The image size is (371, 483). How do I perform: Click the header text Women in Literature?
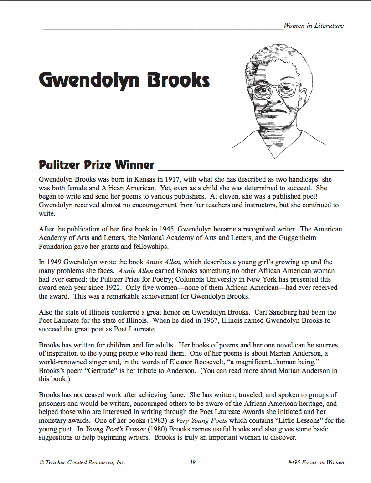[x=314, y=26]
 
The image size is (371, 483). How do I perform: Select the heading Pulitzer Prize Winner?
[x=97, y=165]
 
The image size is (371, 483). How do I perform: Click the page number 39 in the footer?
[x=192, y=462]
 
